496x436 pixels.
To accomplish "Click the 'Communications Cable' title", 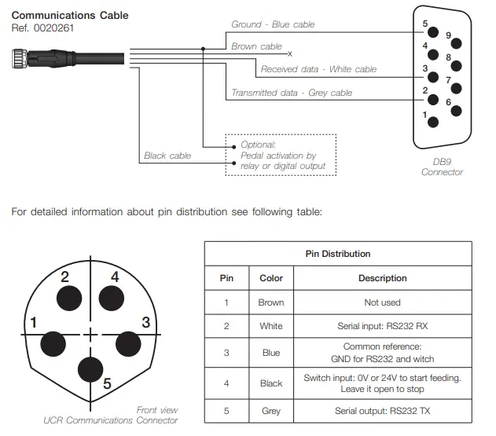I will click(70, 15).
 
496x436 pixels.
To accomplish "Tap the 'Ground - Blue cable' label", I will click(273, 24).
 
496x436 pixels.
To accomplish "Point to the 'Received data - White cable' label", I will click(307, 69).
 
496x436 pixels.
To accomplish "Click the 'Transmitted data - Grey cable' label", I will click(292, 93).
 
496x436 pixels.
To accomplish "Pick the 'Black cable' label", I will click(167, 156).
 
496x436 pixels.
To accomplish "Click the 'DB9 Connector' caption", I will click(442, 167).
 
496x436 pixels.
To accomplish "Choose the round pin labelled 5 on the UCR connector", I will click(92, 368).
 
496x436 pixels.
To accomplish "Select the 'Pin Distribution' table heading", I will click(337, 254).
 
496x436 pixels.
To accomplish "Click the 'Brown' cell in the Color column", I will click(271, 302).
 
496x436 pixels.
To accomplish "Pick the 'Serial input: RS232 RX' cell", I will click(382, 326).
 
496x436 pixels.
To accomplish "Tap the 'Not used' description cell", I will click(382, 302).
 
